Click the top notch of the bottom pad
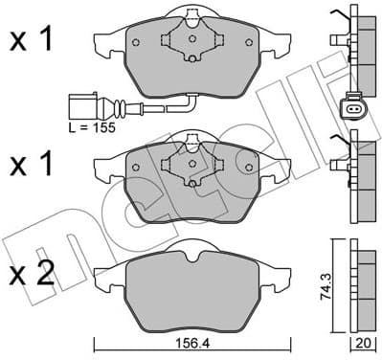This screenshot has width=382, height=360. pos(191,251)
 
